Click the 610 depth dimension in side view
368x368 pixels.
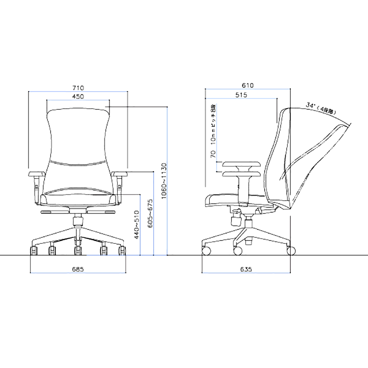coord(248,86)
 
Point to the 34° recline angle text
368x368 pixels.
coord(322,109)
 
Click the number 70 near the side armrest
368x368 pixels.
coord(213,154)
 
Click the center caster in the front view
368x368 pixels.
coord(78,251)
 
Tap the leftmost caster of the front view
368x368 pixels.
coord(34,251)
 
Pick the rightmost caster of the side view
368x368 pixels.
coord(291,251)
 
